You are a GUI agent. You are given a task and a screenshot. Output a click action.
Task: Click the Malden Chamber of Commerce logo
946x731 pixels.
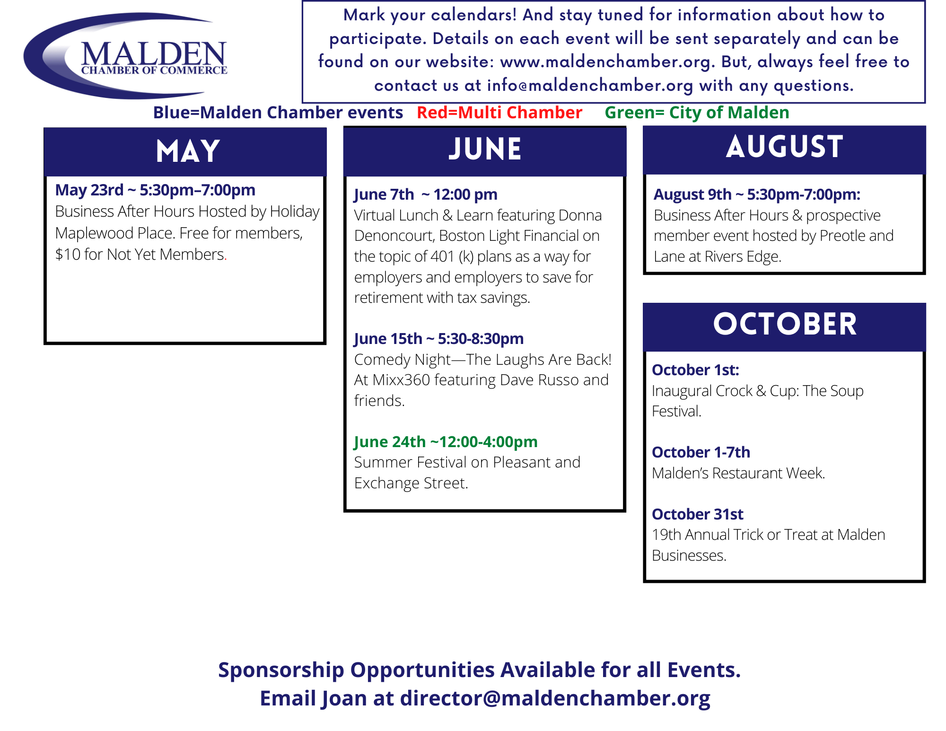[x=126, y=56]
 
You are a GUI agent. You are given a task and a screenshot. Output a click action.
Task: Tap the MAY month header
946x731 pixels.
[x=188, y=151]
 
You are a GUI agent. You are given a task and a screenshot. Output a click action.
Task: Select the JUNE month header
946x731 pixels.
[x=485, y=149]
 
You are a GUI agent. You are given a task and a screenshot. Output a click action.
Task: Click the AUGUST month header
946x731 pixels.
[x=784, y=146]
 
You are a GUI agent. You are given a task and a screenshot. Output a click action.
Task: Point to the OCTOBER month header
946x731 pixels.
[x=785, y=324]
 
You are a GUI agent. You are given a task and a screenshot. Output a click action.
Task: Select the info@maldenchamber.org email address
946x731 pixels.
[x=590, y=85]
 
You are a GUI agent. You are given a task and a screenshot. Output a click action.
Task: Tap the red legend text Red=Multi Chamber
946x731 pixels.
[x=499, y=113]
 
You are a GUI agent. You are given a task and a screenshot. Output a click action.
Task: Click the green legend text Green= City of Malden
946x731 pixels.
[x=697, y=113]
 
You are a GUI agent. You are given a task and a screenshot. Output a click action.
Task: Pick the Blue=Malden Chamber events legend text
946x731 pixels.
[x=278, y=113]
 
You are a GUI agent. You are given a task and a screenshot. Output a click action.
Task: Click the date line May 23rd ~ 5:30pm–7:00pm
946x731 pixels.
[x=155, y=190]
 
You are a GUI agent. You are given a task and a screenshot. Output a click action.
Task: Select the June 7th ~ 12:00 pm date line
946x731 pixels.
[x=426, y=194]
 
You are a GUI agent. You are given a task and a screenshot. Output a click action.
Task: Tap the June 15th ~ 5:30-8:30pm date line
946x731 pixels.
[x=439, y=339]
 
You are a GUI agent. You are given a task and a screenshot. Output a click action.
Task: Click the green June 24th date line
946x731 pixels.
[x=446, y=441]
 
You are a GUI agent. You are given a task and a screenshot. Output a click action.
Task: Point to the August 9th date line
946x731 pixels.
[x=757, y=194]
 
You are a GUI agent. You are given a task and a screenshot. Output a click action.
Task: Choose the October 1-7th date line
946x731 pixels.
[x=701, y=452]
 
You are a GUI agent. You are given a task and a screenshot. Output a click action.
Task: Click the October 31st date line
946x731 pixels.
[x=698, y=514]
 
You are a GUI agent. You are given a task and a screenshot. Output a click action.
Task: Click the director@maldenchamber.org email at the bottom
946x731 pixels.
[x=555, y=698]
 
